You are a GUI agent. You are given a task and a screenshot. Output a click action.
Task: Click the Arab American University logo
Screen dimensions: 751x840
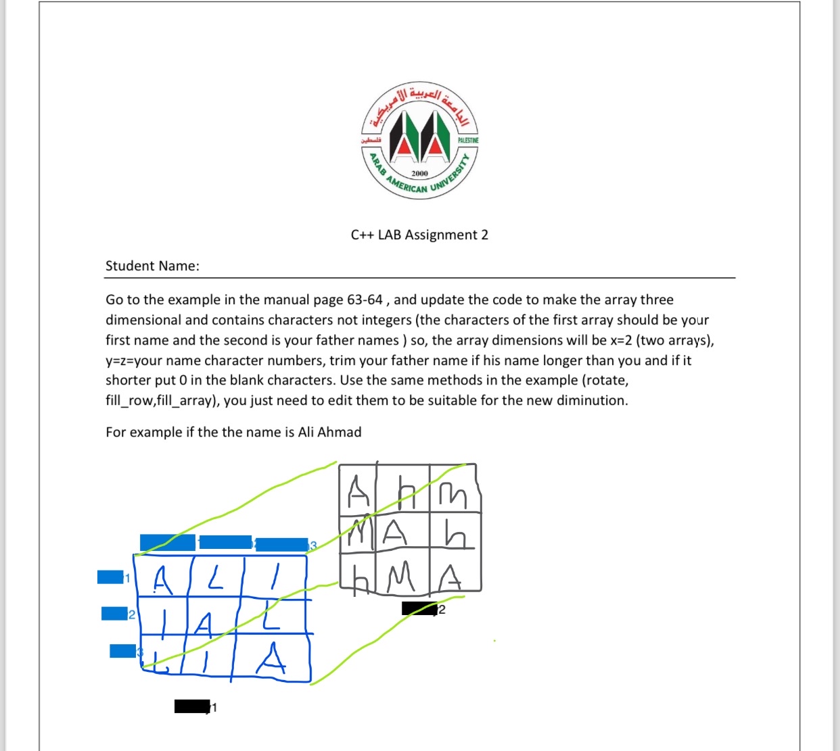click(x=419, y=141)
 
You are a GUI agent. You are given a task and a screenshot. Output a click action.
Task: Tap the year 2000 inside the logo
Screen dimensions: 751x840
click(x=420, y=174)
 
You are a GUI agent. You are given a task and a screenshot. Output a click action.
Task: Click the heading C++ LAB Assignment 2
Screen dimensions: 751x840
click(x=419, y=235)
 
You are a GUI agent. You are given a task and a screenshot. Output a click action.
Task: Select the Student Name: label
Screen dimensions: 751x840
click(x=152, y=266)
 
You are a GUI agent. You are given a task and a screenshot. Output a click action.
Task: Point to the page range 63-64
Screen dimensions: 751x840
click(x=365, y=299)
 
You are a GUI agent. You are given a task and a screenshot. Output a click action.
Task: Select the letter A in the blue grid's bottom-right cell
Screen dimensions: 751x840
click(x=271, y=659)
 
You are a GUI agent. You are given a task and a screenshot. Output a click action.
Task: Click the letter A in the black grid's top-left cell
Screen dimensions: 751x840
click(x=358, y=491)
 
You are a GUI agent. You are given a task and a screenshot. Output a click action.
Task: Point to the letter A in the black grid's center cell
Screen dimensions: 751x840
click(x=395, y=533)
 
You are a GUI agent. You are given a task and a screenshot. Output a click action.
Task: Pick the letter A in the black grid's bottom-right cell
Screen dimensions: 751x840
click(x=451, y=578)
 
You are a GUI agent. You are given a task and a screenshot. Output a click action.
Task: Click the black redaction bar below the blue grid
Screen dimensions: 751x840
click(x=191, y=706)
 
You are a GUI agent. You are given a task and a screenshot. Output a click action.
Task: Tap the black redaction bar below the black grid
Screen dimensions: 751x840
click(x=419, y=608)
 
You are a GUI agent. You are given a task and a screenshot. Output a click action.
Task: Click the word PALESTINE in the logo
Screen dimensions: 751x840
click(x=468, y=140)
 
